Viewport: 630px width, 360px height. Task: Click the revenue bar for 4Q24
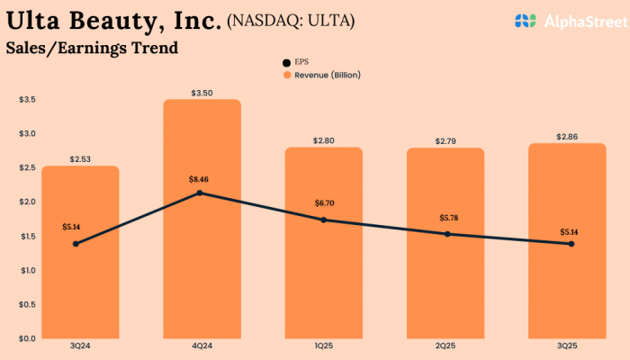tap(202, 261)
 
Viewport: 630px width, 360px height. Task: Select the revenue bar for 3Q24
tap(81, 288)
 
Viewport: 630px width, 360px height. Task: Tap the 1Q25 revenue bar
tap(324, 279)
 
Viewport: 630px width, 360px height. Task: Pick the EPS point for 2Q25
tap(447, 234)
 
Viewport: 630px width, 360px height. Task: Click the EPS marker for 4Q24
tap(200, 193)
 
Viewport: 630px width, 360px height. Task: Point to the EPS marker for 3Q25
tap(571, 244)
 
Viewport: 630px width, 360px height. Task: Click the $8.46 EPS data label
tap(201, 178)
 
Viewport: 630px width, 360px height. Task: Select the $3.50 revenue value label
tap(202, 93)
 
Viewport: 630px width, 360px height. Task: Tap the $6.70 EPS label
tap(324, 204)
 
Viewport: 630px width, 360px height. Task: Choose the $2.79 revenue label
tap(447, 141)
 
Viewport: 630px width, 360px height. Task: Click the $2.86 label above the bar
tap(570, 137)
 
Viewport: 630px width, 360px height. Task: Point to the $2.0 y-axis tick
tap(27, 202)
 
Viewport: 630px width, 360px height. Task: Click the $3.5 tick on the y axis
tap(27, 99)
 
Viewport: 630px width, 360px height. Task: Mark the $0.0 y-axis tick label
tap(27, 338)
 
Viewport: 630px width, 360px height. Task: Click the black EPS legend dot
tap(287, 62)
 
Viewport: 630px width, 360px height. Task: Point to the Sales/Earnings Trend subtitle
tap(92, 48)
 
